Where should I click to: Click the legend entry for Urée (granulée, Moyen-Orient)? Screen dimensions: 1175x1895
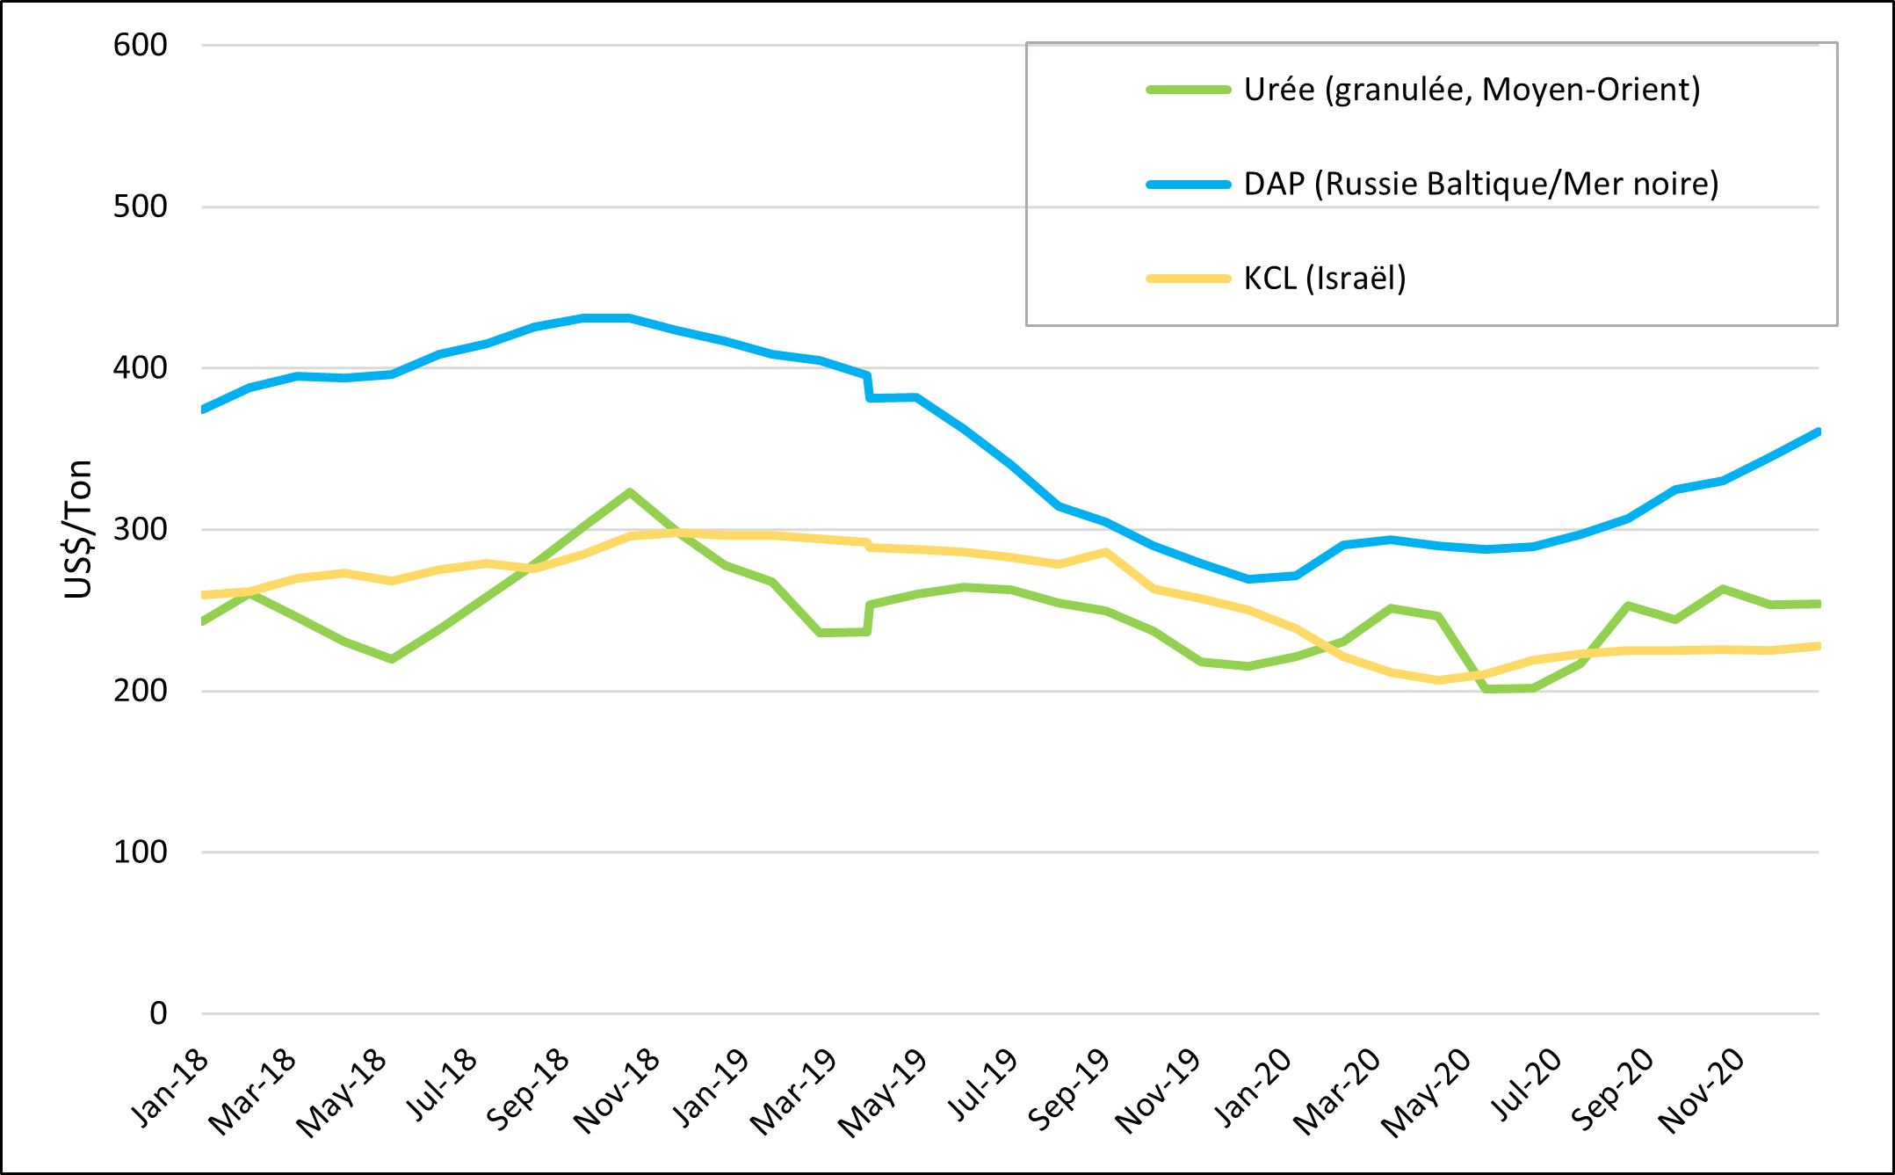[1472, 90]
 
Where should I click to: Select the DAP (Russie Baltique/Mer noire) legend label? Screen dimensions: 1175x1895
[1480, 184]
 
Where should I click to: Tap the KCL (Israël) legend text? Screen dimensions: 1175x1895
[1324, 279]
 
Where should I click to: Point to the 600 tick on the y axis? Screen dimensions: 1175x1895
[140, 45]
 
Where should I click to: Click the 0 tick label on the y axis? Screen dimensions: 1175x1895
[158, 1013]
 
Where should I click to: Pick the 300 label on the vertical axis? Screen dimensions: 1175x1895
[140, 529]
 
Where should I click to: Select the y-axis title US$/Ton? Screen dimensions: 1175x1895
[79, 529]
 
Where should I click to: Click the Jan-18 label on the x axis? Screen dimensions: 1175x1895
[170, 1087]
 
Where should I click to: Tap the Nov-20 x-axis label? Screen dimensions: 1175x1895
[1701, 1091]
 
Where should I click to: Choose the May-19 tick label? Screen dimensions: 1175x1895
[882, 1092]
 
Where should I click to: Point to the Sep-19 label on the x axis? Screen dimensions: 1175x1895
[1068, 1090]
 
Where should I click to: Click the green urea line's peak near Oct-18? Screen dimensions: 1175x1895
[629, 492]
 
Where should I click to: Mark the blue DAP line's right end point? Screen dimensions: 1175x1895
[1817, 432]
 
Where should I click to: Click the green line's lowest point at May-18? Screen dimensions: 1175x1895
[391, 658]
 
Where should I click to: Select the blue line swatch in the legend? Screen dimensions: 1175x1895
[1188, 185]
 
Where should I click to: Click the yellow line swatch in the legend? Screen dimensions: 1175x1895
[1188, 279]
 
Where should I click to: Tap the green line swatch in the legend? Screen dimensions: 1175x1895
[1188, 90]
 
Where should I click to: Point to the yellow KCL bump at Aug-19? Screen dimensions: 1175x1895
[1105, 553]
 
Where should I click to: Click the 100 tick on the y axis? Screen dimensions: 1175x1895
[140, 852]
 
